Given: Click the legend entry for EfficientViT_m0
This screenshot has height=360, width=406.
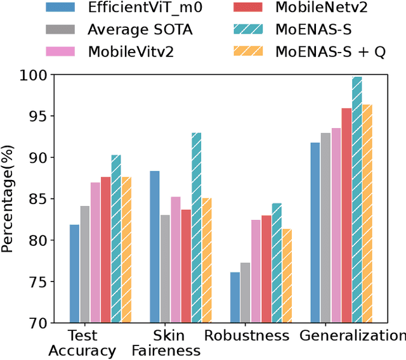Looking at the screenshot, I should click(127, 8).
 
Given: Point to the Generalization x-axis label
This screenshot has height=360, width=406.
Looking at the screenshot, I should click(353, 336).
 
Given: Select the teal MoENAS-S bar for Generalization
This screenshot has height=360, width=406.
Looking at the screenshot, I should click(357, 200).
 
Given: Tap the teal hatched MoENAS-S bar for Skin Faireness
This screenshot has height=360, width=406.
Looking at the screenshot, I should click(196, 228).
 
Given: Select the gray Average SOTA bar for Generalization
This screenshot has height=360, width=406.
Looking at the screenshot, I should click(325, 228).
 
